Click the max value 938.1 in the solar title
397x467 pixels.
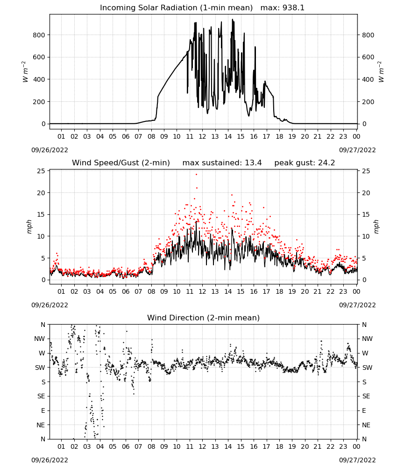(x=293, y=8)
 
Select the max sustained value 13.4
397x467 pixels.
(x=253, y=163)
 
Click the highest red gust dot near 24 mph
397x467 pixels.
(x=196, y=175)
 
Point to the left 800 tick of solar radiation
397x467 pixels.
(x=39, y=35)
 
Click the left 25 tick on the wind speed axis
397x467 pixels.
(x=41, y=171)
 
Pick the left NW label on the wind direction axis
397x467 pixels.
(x=40, y=339)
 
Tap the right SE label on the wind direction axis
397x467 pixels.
(x=366, y=396)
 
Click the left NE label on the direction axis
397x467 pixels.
(x=41, y=425)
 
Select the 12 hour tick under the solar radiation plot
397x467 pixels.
(x=202, y=137)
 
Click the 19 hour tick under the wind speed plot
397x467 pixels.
(x=292, y=291)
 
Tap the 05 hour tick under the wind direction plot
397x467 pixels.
(x=113, y=447)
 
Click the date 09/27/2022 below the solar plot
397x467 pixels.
(x=357, y=150)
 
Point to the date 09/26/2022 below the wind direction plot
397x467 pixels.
(x=50, y=460)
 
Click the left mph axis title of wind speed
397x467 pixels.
(x=29, y=226)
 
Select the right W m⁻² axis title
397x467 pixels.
(x=381, y=72)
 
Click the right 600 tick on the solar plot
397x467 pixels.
(x=368, y=57)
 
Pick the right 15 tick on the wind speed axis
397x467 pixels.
(x=366, y=214)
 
